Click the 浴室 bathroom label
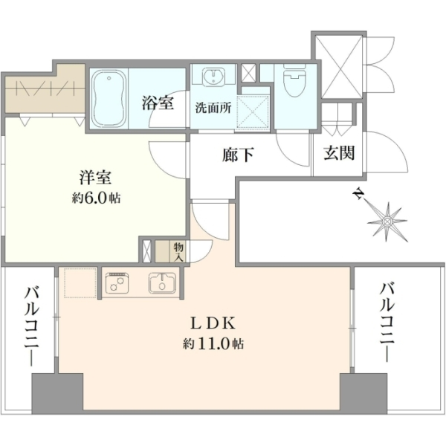pyautogui.click(x=158, y=103)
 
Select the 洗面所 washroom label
pyautogui.click(x=213, y=108)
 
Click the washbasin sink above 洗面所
pyautogui.click(x=213, y=77)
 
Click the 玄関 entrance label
pyautogui.click(x=339, y=153)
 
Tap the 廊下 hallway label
pyautogui.click(x=238, y=155)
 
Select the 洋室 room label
pyautogui.click(x=95, y=177)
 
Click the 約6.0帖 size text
pyautogui.click(x=96, y=198)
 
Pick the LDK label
pyautogui.click(x=213, y=323)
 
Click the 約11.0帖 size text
pyautogui.click(x=213, y=344)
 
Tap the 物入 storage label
pyautogui.click(x=178, y=251)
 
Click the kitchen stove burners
pyautogui.click(x=117, y=283)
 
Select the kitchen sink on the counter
pyautogui.click(x=162, y=282)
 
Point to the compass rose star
pyautogui.click(x=387, y=221)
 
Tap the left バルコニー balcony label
pyautogui.click(x=31, y=326)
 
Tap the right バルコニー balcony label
pyautogui.click(x=387, y=322)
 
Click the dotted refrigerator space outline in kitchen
pyautogui.click(x=80, y=282)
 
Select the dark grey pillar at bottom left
pyautogui.click(x=57, y=394)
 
